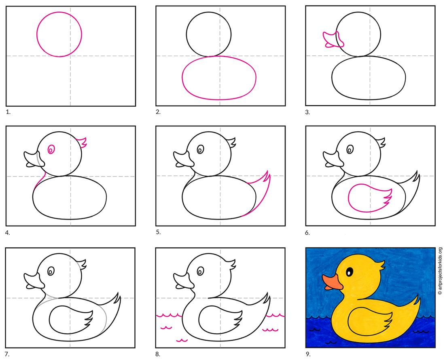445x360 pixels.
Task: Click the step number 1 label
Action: click(8, 112)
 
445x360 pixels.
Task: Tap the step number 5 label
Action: click(158, 232)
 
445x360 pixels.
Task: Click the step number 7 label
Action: click(7, 354)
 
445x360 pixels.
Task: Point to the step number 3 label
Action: click(307, 112)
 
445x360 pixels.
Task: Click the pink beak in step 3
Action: click(333, 40)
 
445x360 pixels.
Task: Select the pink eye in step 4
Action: click(51, 149)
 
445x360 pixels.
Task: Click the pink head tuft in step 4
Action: click(82, 143)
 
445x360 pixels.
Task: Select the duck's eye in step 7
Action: click(51, 271)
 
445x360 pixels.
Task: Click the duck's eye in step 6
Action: click(350, 149)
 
